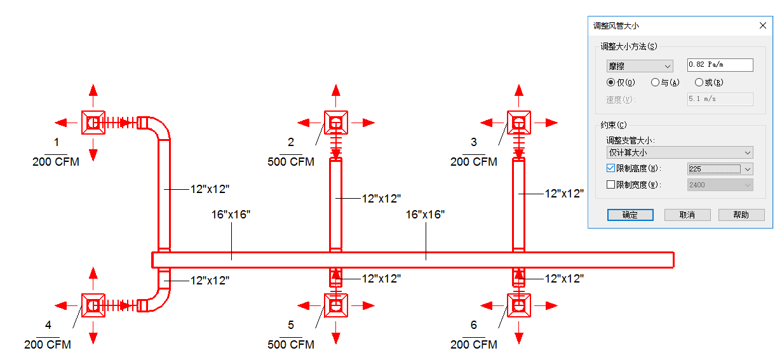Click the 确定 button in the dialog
point(630,215)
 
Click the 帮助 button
point(741,215)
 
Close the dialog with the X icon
point(763,25)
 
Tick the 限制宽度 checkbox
point(610,185)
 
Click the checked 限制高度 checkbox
point(610,168)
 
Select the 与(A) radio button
point(655,83)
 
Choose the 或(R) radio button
point(699,83)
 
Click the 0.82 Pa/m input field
point(720,65)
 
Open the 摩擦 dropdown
point(640,66)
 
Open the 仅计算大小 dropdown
point(680,152)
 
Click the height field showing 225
point(714,169)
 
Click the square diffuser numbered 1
point(93,123)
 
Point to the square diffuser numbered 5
point(336,305)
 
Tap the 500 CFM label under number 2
point(291,162)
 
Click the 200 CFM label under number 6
point(474,345)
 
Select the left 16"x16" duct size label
point(231,215)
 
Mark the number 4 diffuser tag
point(48,325)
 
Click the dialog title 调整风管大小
point(616,26)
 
